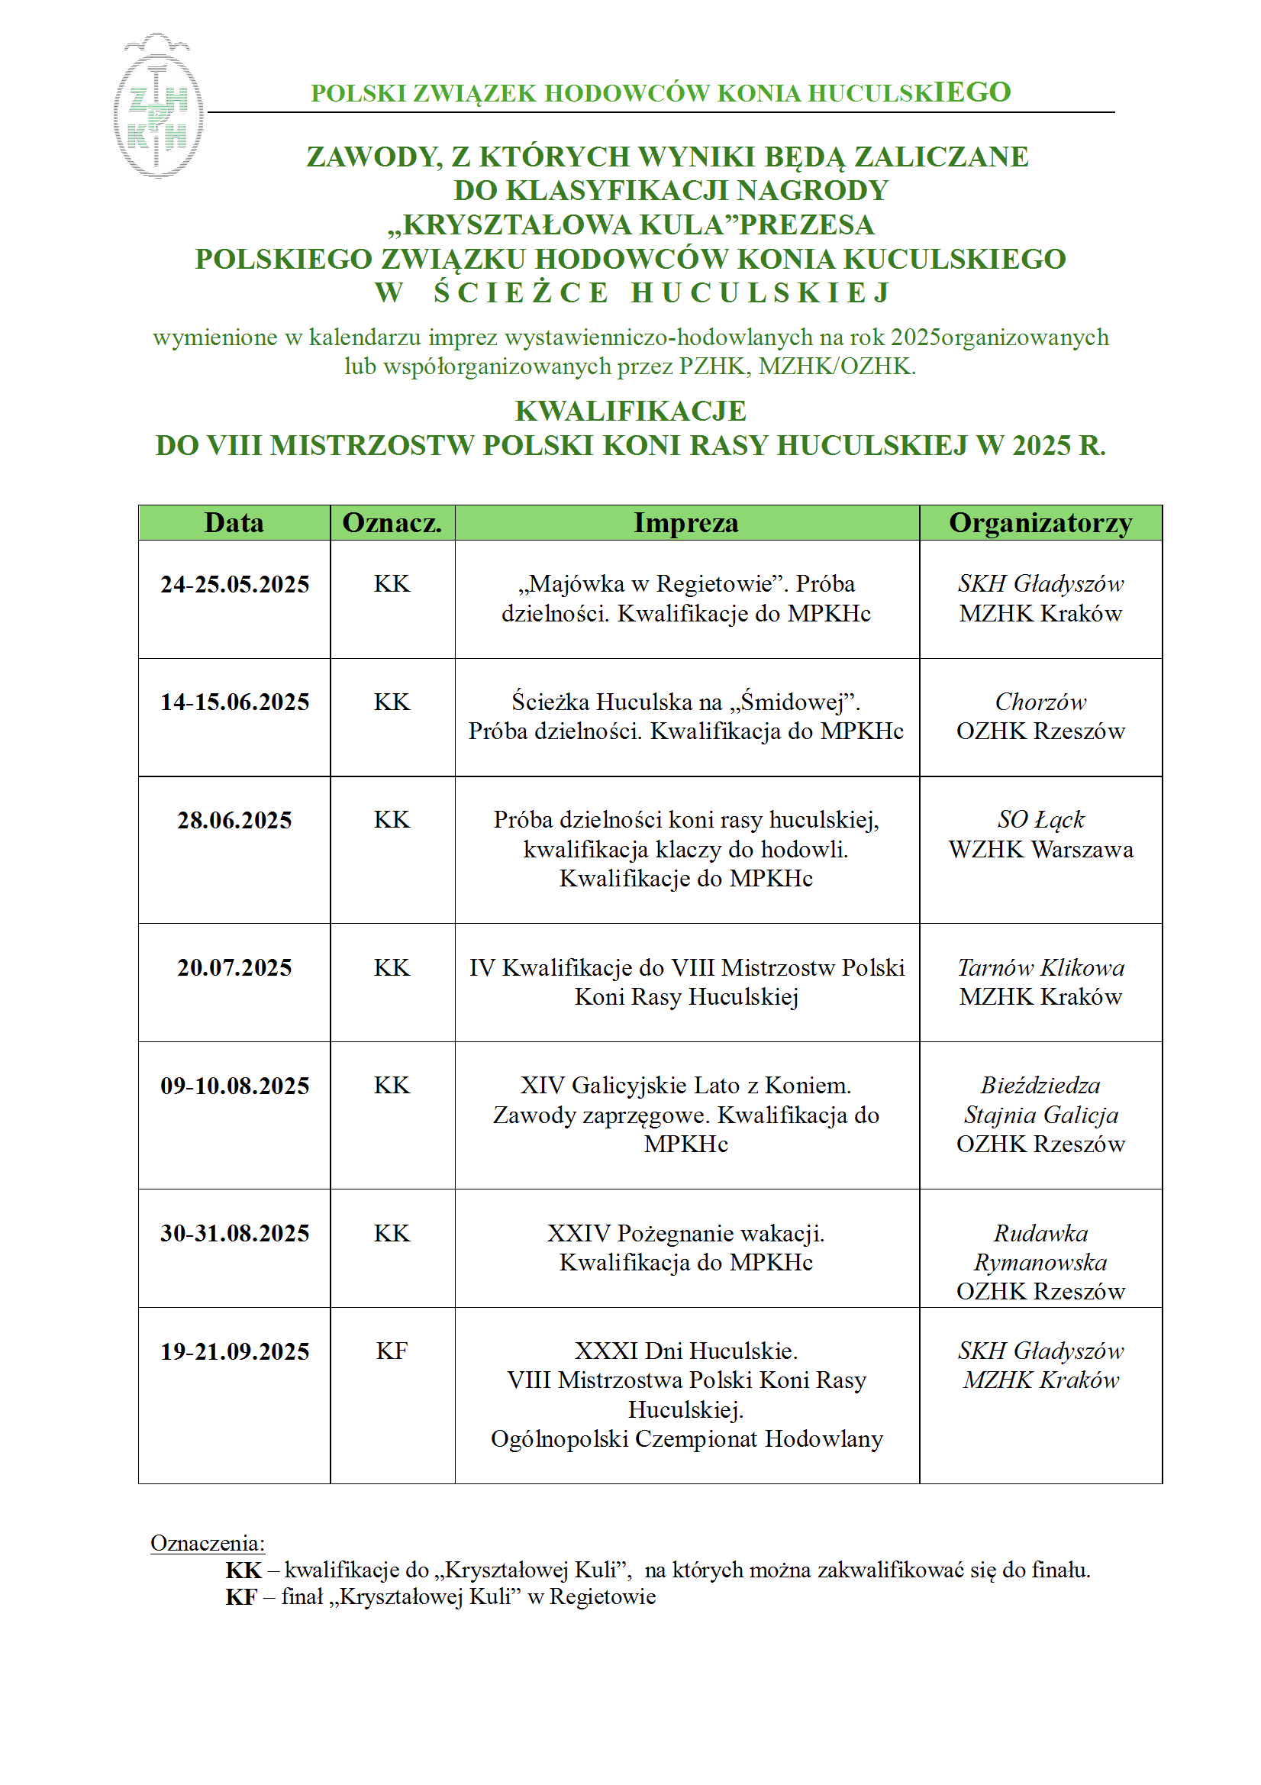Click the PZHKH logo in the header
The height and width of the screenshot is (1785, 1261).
click(158, 107)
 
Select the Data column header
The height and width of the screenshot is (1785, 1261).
click(234, 522)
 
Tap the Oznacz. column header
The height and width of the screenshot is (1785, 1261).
click(392, 522)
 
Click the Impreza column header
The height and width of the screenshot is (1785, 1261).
click(685, 522)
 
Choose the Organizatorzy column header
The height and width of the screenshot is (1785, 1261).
click(1040, 522)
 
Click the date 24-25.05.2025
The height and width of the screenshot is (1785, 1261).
click(234, 584)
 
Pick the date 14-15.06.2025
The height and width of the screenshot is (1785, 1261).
click(234, 702)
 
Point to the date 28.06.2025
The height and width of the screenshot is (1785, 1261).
click(234, 820)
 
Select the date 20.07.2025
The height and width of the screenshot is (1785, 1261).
click(234, 968)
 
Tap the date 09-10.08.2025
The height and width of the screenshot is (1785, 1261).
click(234, 1086)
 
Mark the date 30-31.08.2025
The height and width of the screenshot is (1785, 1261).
click(234, 1234)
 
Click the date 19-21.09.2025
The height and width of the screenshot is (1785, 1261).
click(234, 1352)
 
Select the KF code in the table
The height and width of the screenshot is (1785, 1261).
click(391, 1351)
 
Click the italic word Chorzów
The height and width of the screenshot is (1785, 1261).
click(1040, 702)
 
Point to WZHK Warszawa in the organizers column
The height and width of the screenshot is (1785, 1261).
click(1040, 850)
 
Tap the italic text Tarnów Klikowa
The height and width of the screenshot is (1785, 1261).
click(1040, 968)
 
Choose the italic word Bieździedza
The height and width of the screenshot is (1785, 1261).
click(1040, 1086)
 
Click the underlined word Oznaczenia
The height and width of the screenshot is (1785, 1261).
click(207, 1543)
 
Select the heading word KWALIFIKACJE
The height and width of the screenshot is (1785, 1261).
click(630, 412)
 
